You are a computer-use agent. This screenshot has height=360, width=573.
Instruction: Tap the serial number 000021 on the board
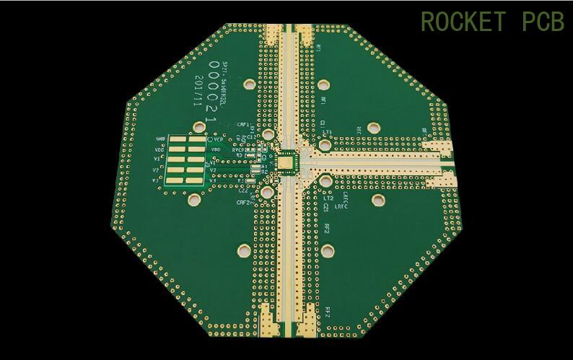point(212,91)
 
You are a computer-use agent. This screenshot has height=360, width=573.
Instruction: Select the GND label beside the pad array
point(160,138)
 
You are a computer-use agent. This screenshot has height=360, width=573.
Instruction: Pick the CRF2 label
point(243,202)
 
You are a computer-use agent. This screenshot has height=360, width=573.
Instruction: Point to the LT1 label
point(328,132)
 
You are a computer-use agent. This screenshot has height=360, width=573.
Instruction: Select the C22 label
point(242,190)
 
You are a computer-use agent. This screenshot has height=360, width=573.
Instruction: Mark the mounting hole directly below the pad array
point(194,198)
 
